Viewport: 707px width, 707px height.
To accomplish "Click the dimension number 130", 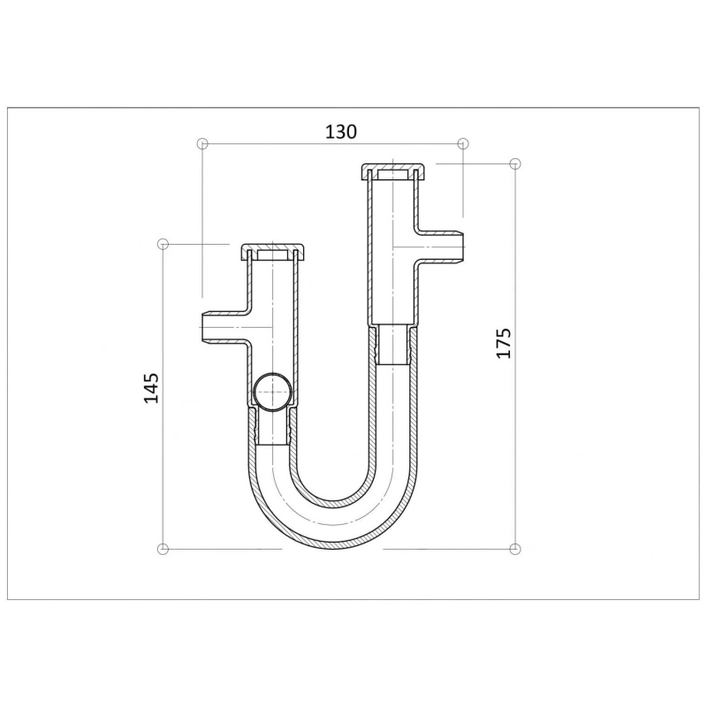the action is coord(341,132).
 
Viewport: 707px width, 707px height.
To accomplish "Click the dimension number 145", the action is coord(151,388).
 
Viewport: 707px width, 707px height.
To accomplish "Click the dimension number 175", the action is coord(504,343).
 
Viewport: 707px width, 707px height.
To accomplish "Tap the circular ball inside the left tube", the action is coord(273,392).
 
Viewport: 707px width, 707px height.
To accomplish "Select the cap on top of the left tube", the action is coord(272,253).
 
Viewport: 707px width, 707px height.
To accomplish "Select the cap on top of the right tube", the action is coord(393,171).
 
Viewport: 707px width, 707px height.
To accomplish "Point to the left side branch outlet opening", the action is coord(202,327).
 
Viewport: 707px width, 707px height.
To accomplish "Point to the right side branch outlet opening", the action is coord(462,247).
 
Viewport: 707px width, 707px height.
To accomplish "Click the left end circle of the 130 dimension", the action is coord(202,144).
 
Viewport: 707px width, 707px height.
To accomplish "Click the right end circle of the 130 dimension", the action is coord(463,144).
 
